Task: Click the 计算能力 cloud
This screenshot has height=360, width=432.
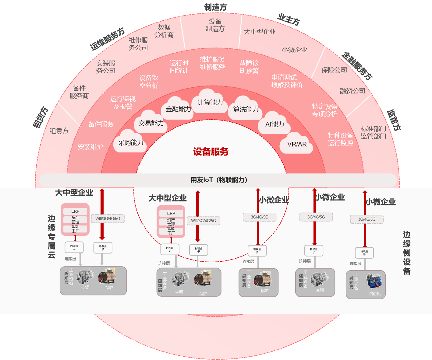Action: point(210,103)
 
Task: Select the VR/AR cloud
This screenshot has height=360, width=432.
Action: point(297,144)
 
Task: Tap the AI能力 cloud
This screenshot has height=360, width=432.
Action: point(274,124)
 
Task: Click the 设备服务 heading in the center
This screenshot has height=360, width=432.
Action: point(211,152)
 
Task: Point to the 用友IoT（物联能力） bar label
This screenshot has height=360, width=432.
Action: point(219,180)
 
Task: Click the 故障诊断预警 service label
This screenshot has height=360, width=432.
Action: point(249,67)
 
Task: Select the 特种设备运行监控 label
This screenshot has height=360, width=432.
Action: point(340,139)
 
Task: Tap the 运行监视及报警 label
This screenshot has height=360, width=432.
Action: point(123,103)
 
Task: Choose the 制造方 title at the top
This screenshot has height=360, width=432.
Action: point(215,7)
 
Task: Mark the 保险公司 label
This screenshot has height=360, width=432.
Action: point(334,70)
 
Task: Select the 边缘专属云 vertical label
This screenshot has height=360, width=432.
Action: point(51,236)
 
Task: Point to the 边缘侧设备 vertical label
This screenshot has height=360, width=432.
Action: point(407,253)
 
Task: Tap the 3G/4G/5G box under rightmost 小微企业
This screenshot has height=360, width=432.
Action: point(366,219)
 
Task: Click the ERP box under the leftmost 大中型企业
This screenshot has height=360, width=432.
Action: point(75,211)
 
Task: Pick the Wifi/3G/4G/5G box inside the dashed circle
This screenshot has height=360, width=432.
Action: point(203,221)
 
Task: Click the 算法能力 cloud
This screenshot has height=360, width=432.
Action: point(246,109)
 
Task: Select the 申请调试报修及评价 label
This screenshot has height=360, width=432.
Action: point(287,81)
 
